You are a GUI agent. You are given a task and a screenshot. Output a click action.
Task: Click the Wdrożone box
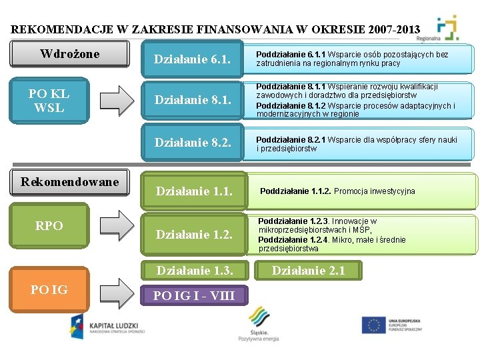tap(69, 54)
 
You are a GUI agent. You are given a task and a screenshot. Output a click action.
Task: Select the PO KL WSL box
tap(49, 101)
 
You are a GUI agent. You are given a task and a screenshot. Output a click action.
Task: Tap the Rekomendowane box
tap(69, 182)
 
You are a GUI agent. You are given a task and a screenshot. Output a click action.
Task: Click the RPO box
tap(49, 226)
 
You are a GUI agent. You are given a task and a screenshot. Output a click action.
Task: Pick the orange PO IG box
tap(49, 289)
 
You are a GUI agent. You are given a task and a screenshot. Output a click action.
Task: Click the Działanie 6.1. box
tap(192, 59)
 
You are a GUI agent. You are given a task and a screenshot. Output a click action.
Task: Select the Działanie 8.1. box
tap(192, 101)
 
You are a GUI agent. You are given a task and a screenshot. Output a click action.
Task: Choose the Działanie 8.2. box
tap(192, 142)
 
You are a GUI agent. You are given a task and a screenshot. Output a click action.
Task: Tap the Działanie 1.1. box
tap(193, 191)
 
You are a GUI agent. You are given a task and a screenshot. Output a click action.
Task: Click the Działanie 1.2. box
tap(193, 234)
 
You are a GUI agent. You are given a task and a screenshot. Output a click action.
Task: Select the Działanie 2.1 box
tap(308, 270)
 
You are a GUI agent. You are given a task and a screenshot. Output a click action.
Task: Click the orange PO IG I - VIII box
tap(194, 295)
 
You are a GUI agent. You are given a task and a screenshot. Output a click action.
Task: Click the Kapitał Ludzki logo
tap(107, 326)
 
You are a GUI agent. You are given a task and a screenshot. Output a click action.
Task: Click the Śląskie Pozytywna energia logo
tap(259, 324)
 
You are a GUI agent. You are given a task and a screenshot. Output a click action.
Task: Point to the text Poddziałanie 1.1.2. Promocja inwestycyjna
tap(337, 191)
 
